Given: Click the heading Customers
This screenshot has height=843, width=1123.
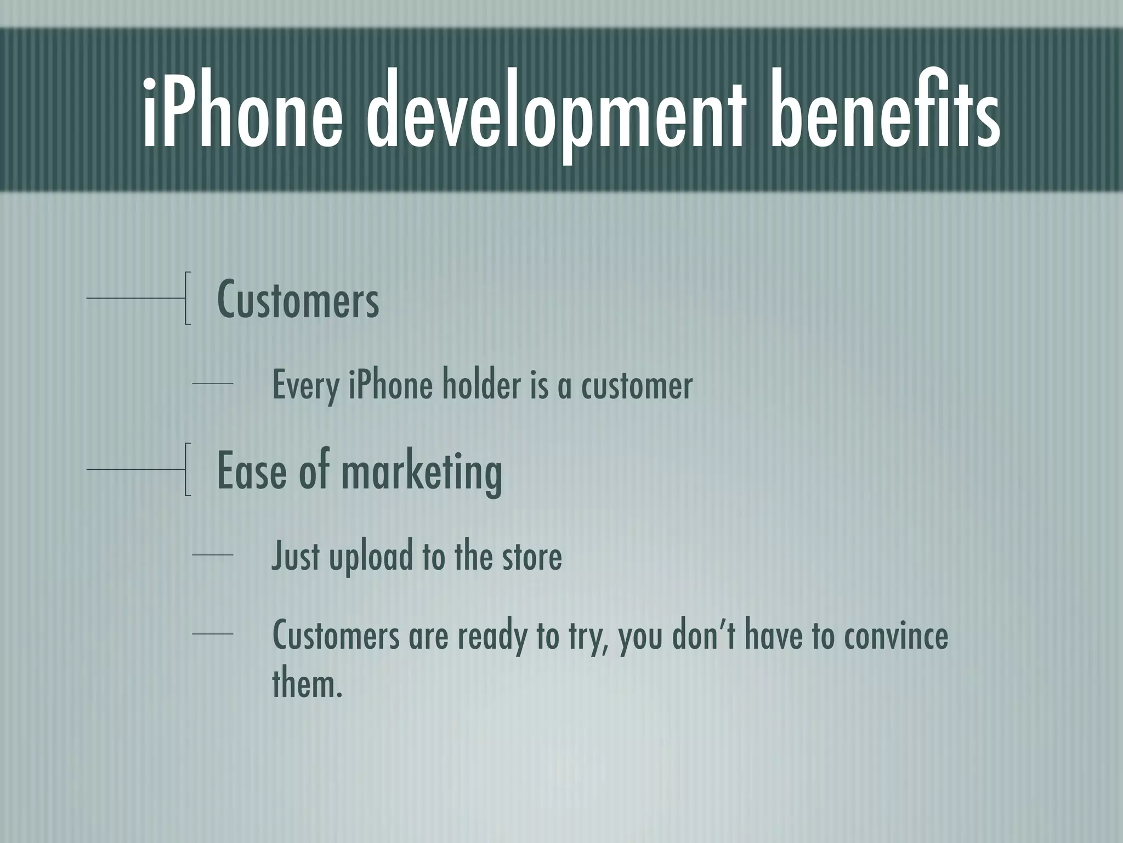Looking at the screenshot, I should click(x=298, y=300).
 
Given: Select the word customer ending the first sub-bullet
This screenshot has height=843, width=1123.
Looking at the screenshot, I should click(x=637, y=385).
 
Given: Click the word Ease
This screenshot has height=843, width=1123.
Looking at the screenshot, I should click(x=252, y=471).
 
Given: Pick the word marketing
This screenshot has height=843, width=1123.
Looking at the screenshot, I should click(x=422, y=472).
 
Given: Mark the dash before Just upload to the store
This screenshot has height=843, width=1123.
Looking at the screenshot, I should click(x=213, y=555).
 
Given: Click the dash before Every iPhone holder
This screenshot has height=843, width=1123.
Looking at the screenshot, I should click(x=213, y=384).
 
